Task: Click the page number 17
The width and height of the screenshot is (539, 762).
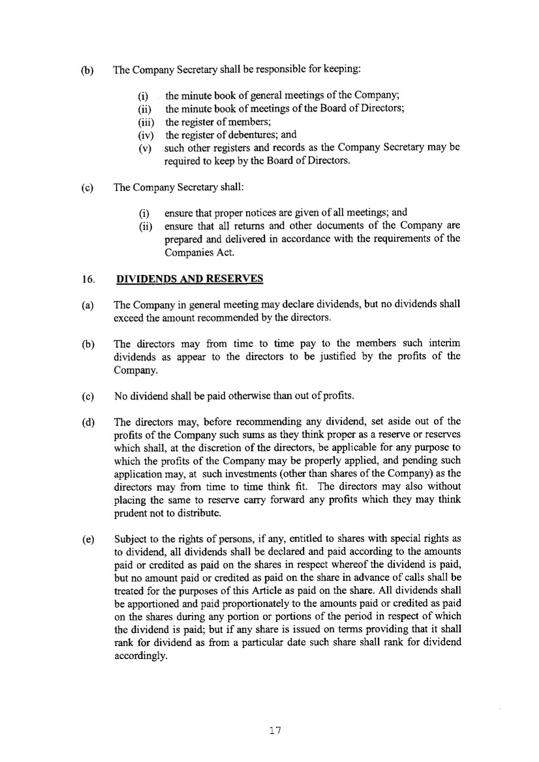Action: pyautogui.click(x=275, y=730)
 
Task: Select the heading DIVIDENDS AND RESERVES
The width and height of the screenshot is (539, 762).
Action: pyautogui.click(x=189, y=280)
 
